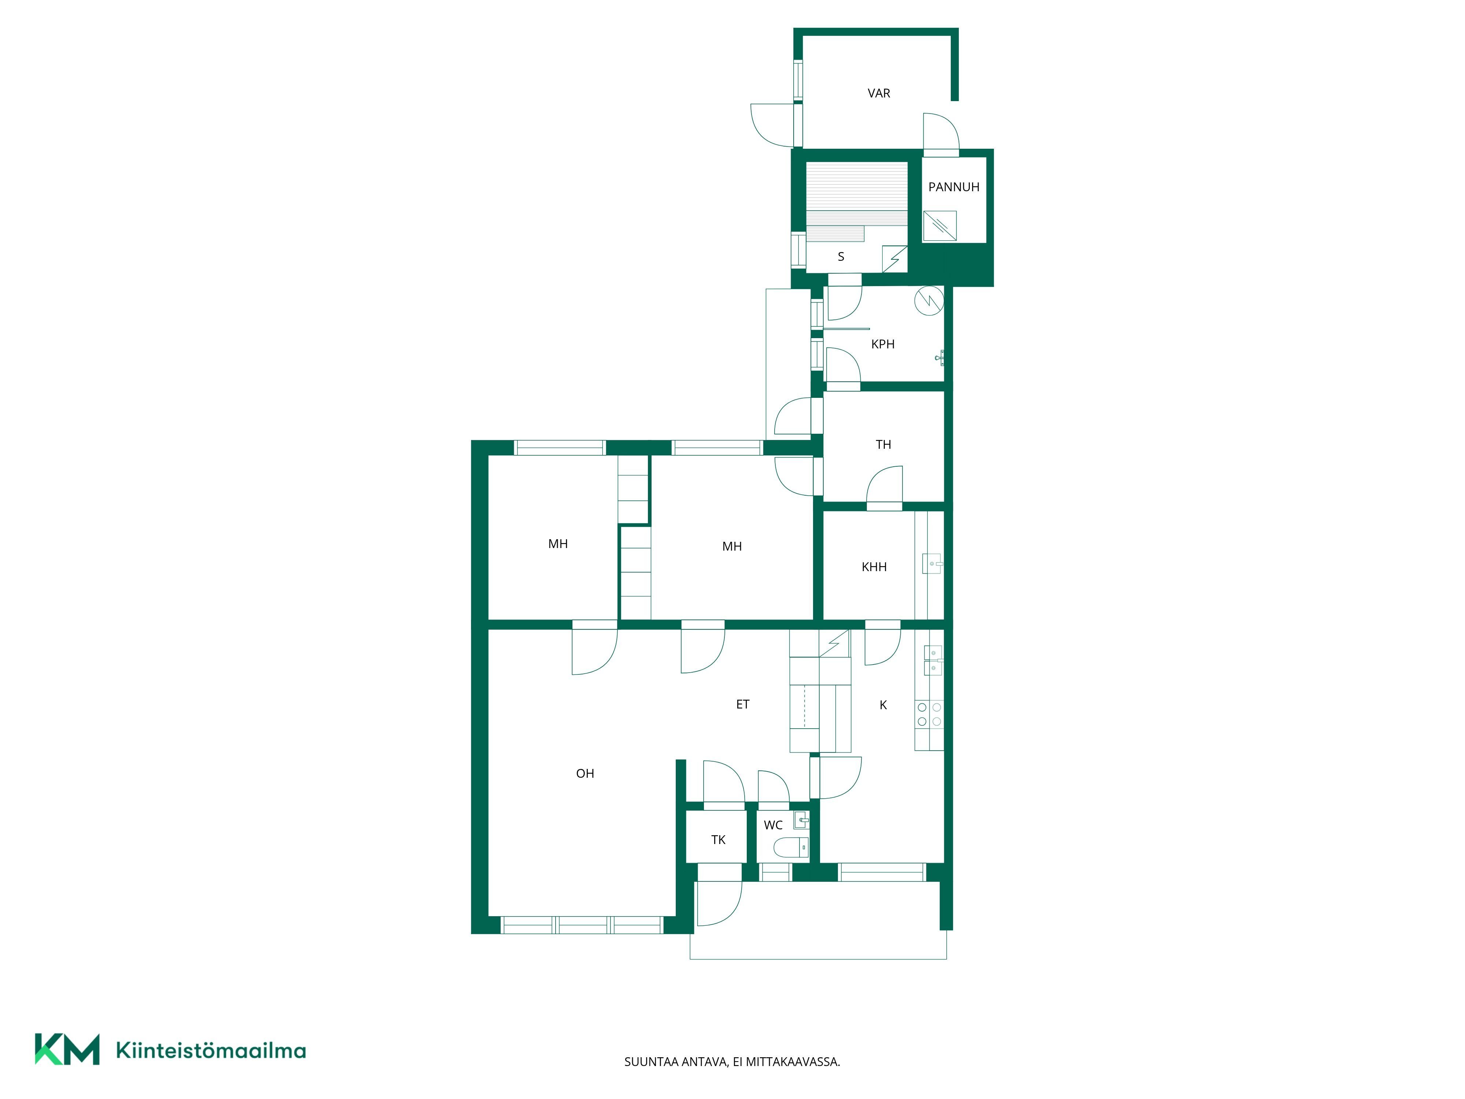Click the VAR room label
tap(879, 93)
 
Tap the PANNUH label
tap(954, 187)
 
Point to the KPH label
tap(883, 344)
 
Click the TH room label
tap(883, 444)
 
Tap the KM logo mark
tap(67, 1049)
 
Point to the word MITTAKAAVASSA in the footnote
tap(793, 1062)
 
